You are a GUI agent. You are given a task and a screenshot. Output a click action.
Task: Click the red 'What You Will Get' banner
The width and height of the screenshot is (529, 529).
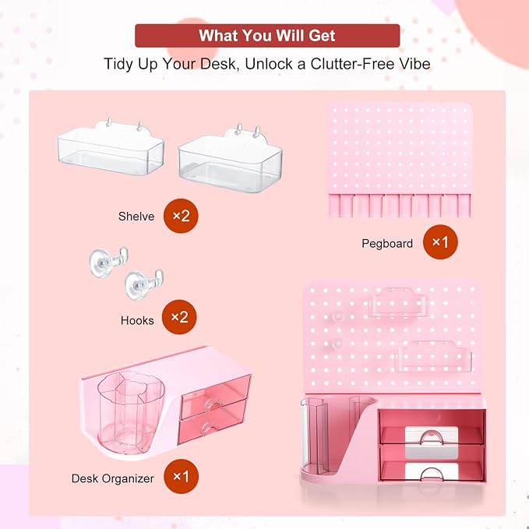[267, 35]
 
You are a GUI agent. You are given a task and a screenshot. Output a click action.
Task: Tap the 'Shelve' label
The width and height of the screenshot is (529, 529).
[136, 217]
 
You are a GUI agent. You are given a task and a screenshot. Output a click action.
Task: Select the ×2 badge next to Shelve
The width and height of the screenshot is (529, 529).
[181, 216]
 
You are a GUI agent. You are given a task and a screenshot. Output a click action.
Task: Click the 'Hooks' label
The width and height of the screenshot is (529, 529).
[137, 320]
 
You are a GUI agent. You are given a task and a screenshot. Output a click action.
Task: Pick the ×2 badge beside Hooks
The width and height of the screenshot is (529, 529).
[179, 317]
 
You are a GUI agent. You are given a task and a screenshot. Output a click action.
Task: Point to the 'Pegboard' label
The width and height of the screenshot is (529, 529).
[387, 244]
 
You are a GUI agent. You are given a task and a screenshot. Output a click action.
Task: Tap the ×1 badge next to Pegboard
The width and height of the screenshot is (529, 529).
[440, 242]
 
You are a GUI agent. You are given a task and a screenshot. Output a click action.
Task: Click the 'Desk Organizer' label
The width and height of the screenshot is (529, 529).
[113, 478]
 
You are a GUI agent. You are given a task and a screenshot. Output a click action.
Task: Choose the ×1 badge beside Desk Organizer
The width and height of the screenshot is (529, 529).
[182, 476]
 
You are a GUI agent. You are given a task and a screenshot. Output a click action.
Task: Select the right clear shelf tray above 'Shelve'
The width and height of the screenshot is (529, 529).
[231, 160]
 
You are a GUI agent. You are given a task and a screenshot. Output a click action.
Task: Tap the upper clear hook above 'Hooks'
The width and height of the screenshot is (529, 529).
[108, 261]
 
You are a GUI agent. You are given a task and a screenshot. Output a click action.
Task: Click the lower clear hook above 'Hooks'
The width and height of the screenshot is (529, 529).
[143, 284]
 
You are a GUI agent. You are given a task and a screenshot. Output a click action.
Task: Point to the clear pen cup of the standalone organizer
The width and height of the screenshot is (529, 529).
[131, 411]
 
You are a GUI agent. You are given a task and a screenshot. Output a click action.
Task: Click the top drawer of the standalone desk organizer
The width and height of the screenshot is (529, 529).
[216, 397]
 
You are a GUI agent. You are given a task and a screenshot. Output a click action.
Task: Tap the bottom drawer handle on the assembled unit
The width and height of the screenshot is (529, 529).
[432, 473]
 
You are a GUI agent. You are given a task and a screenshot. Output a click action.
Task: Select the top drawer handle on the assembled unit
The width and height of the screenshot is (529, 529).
[432, 436]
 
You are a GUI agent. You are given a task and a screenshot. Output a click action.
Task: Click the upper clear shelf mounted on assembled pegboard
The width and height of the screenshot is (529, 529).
[398, 302]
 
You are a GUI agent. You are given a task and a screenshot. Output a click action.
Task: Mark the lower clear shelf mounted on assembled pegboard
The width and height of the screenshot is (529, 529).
[434, 356]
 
